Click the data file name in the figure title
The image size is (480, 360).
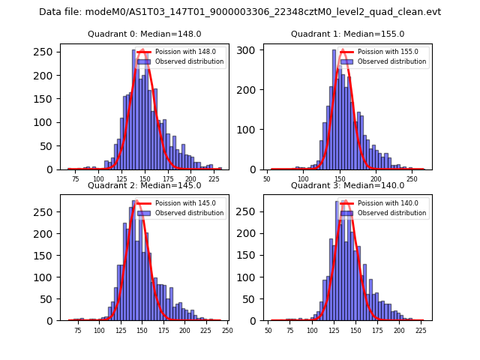[x=240, y=12]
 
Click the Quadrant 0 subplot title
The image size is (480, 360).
[x=145, y=34]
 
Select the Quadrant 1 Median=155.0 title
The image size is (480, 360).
[x=347, y=34]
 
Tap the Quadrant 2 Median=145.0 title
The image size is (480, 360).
[x=145, y=185]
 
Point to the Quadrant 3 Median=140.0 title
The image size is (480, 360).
[x=347, y=185]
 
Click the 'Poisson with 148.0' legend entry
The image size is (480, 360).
[x=184, y=52]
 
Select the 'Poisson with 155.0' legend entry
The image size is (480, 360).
[x=387, y=52]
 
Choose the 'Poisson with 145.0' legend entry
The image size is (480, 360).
[x=184, y=203]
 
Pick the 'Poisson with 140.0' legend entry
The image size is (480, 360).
[x=387, y=203]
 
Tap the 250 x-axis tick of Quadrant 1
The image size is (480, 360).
[x=412, y=179]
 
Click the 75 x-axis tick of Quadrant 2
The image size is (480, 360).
[x=78, y=331]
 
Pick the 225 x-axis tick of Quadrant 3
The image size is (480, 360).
[x=421, y=331]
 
